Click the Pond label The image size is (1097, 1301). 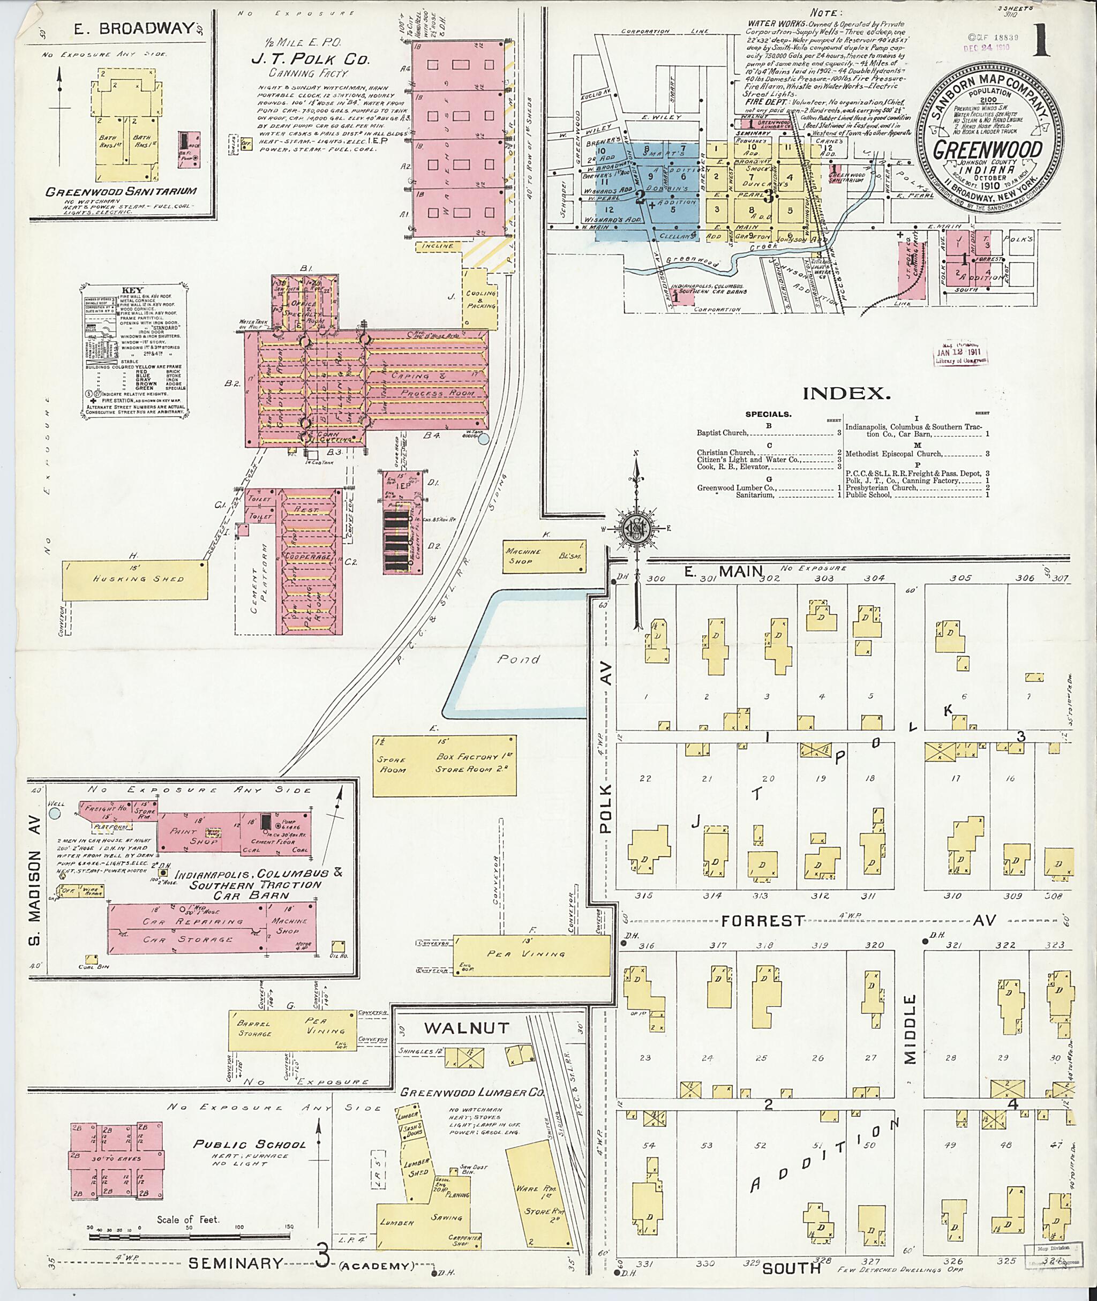pos(518,659)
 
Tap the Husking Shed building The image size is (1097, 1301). pos(134,580)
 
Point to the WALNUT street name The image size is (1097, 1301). pos(467,1028)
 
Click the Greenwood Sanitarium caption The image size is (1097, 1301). pos(121,192)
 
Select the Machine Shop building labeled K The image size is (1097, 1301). pos(544,555)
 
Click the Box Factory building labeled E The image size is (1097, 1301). pos(444,764)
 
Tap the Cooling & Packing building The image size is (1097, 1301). pos(482,298)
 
